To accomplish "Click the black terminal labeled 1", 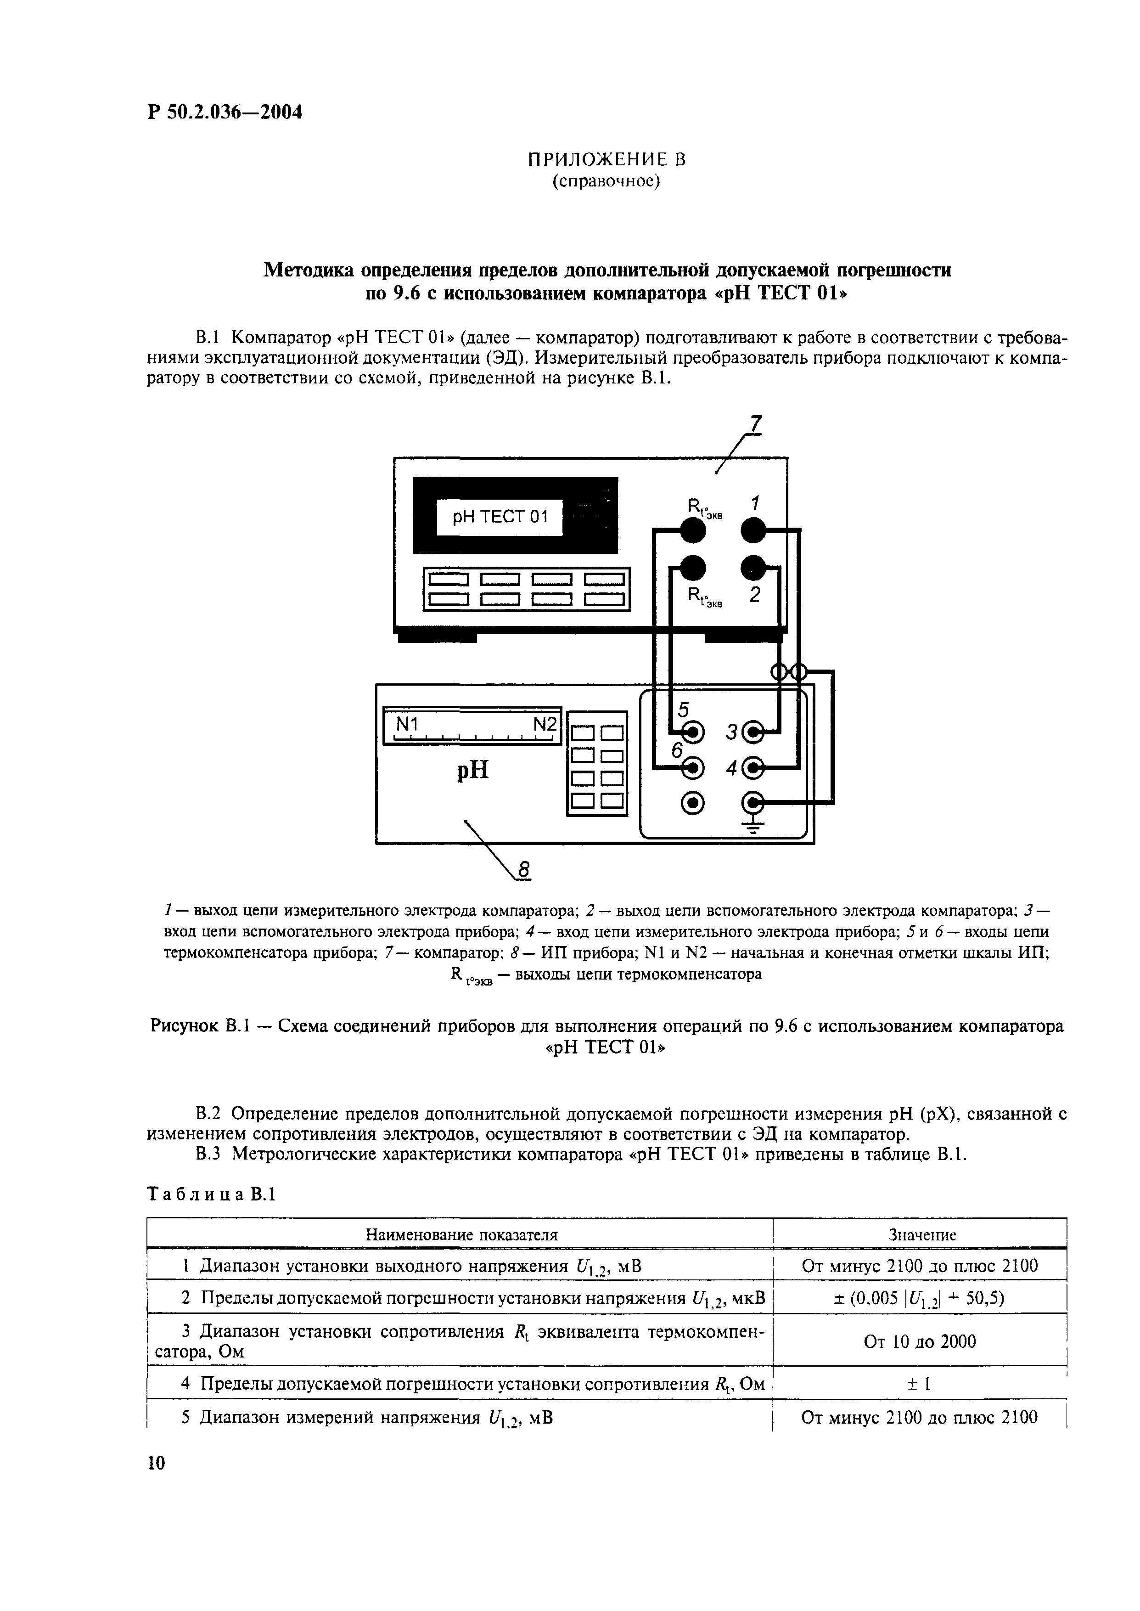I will (754, 531).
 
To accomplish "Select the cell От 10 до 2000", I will (920, 1341).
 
